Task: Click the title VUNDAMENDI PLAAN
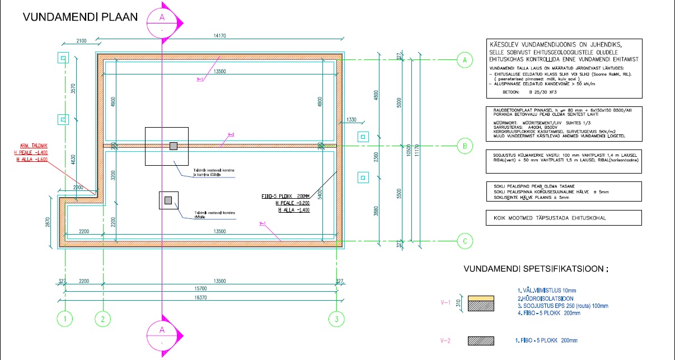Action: [x=80, y=17]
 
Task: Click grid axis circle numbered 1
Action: [x=65, y=320]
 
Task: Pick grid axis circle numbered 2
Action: [x=102, y=320]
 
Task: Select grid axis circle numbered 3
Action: [x=336, y=320]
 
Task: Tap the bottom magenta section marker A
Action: [x=162, y=336]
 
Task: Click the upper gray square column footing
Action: [x=174, y=146]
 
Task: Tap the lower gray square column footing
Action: [x=168, y=200]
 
